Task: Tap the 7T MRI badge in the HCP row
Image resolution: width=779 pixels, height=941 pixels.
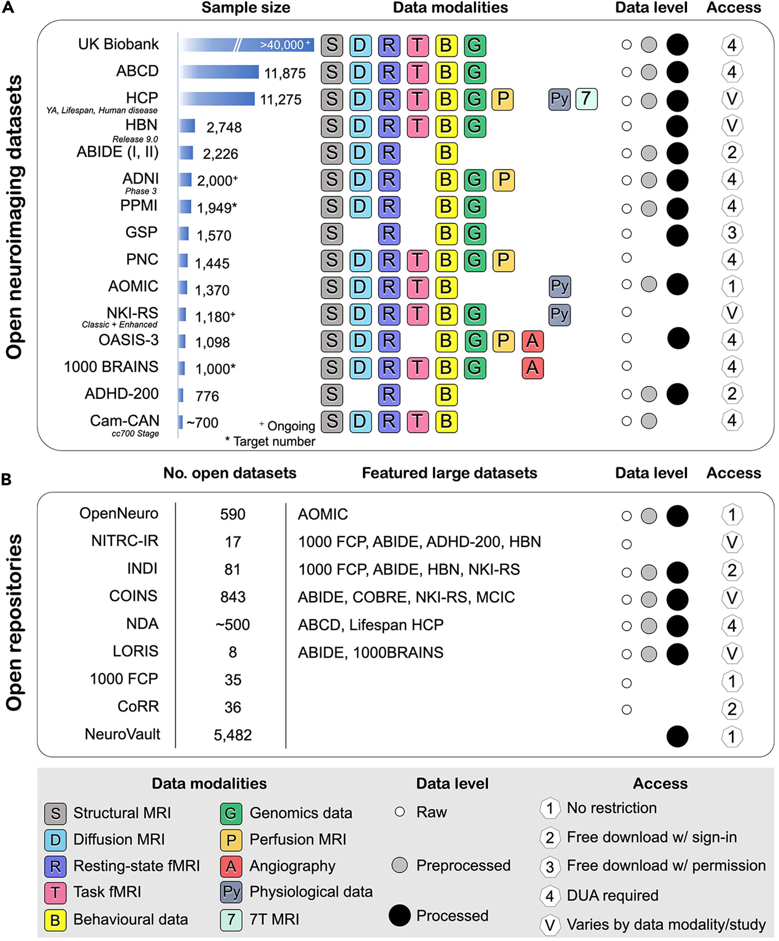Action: click(x=586, y=99)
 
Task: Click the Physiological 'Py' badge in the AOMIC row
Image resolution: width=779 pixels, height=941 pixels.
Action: click(x=560, y=287)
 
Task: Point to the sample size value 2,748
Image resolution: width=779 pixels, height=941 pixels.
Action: click(x=224, y=128)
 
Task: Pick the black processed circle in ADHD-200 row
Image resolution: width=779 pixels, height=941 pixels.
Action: click(x=677, y=394)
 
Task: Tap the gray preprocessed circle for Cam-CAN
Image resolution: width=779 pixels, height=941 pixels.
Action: click(x=649, y=421)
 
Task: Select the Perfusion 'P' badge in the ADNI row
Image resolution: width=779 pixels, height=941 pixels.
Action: click(x=503, y=180)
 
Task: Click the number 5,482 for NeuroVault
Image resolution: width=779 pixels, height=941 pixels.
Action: click(x=233, y=735)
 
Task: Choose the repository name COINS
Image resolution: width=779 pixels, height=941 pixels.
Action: click(x=133, y=596)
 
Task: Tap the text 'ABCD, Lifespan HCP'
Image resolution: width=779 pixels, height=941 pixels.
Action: click(x=370, y=625)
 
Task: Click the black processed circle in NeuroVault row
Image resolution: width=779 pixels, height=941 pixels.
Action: click(x=677, y=736)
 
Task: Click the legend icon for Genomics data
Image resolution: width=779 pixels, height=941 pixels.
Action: click(x=231, y=813)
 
